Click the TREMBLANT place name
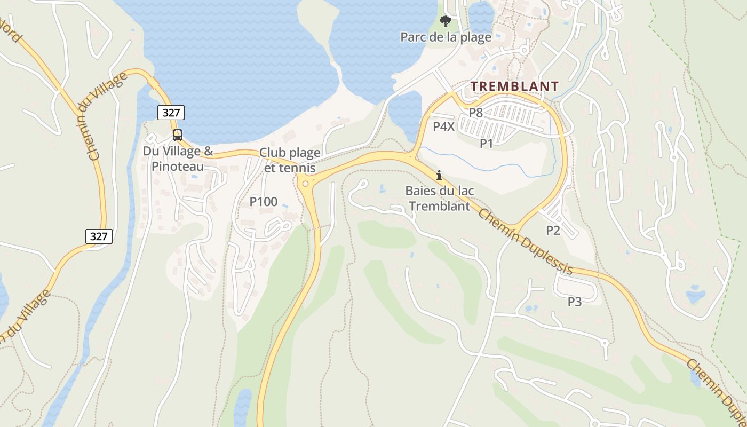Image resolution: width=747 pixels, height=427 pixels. click(515, 86)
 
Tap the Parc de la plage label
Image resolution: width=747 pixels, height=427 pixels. click(446, 37)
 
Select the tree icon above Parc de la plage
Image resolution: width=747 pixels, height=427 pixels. click(445, 21)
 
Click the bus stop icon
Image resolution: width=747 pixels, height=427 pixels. click(178, 135)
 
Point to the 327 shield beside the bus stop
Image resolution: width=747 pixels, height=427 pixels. click(171, 113)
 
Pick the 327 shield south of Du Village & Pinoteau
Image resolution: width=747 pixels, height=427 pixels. click(99, 236)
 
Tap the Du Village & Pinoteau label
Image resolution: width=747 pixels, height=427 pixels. click(178, 159)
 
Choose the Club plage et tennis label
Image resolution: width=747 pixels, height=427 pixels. click(290, 160)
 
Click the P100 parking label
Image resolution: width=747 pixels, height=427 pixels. click(264, 201)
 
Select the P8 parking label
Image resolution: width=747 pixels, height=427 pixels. click(475, 113)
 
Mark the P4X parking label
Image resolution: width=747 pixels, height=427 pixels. click(443, 126)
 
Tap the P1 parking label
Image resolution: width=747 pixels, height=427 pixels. click(486, 143)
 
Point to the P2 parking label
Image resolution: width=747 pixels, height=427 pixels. click(553, 230)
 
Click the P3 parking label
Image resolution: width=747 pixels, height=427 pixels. click(574, 302)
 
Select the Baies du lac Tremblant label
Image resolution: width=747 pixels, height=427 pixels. click(440, 198)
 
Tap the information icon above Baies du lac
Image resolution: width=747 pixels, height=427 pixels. click(439, 175)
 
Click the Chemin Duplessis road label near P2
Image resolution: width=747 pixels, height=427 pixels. click(526, 241)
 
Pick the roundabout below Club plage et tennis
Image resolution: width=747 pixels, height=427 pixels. click(305, 184)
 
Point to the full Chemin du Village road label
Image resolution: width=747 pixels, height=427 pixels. click(101, 116)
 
